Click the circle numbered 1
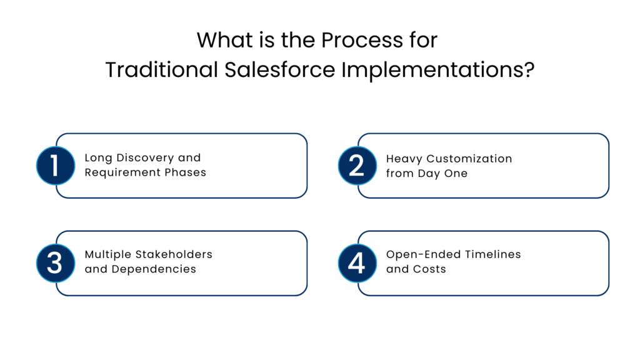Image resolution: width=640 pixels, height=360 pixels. coord(56,166)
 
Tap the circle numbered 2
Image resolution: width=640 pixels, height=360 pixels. coord(357,166)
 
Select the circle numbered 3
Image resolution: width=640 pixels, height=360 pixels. coord(56,263)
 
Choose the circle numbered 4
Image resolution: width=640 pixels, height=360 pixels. coord(357,263)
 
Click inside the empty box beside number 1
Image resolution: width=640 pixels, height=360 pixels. coord(191,166)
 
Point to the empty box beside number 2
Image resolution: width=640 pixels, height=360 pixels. coord(492,166)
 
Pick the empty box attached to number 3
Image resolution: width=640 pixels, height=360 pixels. coord(191,263)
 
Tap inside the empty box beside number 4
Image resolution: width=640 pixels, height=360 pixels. coord(492,263)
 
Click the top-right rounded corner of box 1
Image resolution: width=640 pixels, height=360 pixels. coord(304,137)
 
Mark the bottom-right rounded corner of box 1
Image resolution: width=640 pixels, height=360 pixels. coord(304,194)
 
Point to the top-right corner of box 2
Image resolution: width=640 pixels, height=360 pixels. coord(606,137)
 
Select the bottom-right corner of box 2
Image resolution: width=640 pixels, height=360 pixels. coord(606,194)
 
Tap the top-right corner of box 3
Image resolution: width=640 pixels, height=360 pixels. coord(304,234)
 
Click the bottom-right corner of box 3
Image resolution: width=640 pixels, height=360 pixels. coord(304,292)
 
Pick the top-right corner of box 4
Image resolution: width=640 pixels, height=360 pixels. coord(606,234)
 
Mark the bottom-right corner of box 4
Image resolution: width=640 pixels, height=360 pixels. coord(606,292)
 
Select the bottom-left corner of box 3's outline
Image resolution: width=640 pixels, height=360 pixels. coord(60,293)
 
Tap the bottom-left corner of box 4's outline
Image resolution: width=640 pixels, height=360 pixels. coord(362,293)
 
